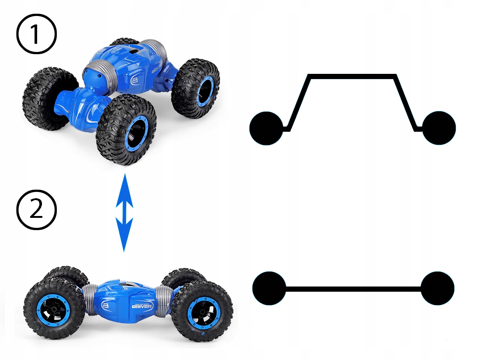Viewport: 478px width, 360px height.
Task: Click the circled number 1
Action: click(36, 34)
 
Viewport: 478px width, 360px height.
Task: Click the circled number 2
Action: click(36, 209)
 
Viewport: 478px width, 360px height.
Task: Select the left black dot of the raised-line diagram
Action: click(266, 128)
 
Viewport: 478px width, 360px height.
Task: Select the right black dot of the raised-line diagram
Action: click(439, 128)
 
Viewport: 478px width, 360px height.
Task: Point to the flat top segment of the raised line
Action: click(352, 77)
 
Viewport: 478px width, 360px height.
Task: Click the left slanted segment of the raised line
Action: click(299, 102)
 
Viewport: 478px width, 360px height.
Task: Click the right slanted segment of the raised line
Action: click(406, 102)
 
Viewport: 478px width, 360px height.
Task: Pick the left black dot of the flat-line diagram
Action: click(269, 288)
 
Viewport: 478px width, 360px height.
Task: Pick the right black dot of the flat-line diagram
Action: click(438, 288)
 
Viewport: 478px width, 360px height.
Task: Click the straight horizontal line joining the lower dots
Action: click(353, 288)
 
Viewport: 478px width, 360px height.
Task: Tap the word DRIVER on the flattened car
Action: click(142, 306)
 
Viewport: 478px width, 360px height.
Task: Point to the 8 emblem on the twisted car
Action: click(135, 81)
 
